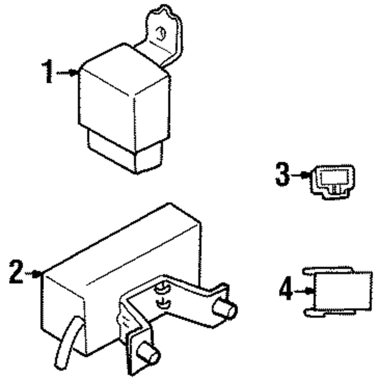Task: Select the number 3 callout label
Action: [x=283, y=174]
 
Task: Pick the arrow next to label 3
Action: [x=302, y=174]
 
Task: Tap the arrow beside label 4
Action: [x=304, y=290]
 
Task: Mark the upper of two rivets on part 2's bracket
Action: [x=162, y=288]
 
